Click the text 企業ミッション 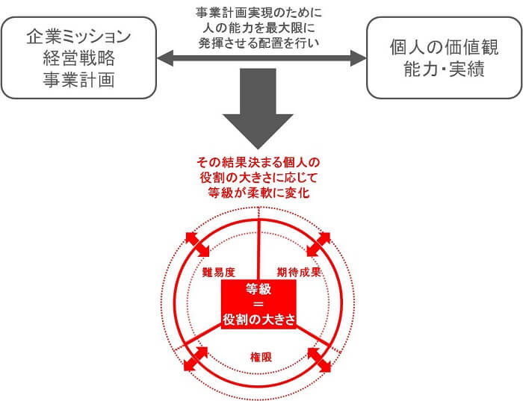[78, 37]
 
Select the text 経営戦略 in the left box [79, 58]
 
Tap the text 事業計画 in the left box [79, 80]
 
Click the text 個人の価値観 [445, 47]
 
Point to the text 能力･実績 [445, 69]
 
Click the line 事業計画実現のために [259, 13]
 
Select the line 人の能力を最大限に [259, 28]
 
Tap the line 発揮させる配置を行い [259, 43]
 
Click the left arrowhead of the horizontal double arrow [165, 58]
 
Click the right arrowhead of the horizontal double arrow [358, 58]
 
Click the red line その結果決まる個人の [259, 162]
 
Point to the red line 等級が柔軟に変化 [259, 193]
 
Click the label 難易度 [219, 273]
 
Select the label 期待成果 [299, 273]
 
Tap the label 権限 [261, 358]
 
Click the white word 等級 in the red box [259, 289]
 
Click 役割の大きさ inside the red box [259, 320]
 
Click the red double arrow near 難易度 [197, 245]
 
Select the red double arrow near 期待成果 [318, 245]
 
